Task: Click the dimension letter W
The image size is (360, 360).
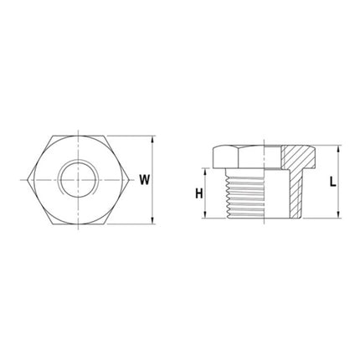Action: pos(145,179)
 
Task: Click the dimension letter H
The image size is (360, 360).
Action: pos(198,193)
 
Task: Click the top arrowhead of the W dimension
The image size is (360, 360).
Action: pos(153,140)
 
